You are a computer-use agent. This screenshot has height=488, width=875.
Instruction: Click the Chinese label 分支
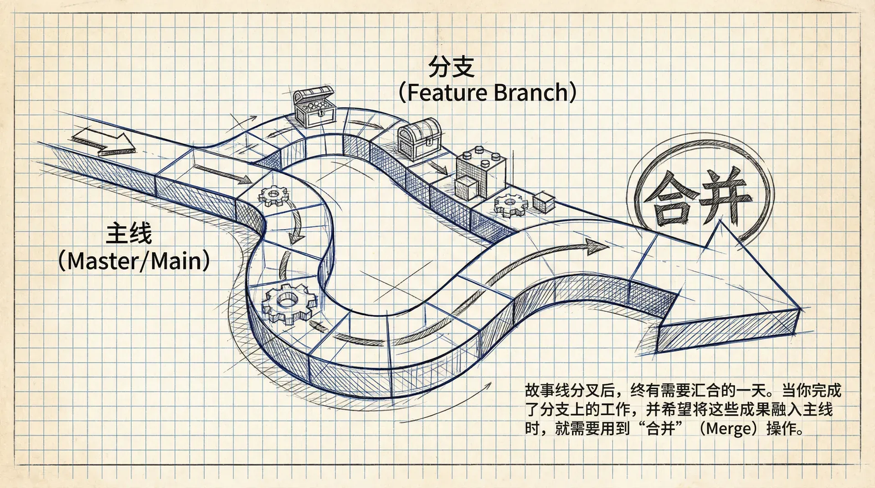[x=451, y=67]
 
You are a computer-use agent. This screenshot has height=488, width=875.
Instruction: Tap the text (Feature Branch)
[x=487, y=92]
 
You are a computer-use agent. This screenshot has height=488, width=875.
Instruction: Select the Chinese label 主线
[x=129, y=234]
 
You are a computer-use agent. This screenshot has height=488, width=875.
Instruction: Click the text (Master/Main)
[x=134, y=261]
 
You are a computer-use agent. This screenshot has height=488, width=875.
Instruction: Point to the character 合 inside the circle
[x=669, y=199]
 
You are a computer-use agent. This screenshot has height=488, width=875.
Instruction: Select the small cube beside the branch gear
[x=543, y=202]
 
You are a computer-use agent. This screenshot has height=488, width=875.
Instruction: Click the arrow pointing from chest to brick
[x=439, y=167]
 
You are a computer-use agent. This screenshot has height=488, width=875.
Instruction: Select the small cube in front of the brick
[x=466, y=188]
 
